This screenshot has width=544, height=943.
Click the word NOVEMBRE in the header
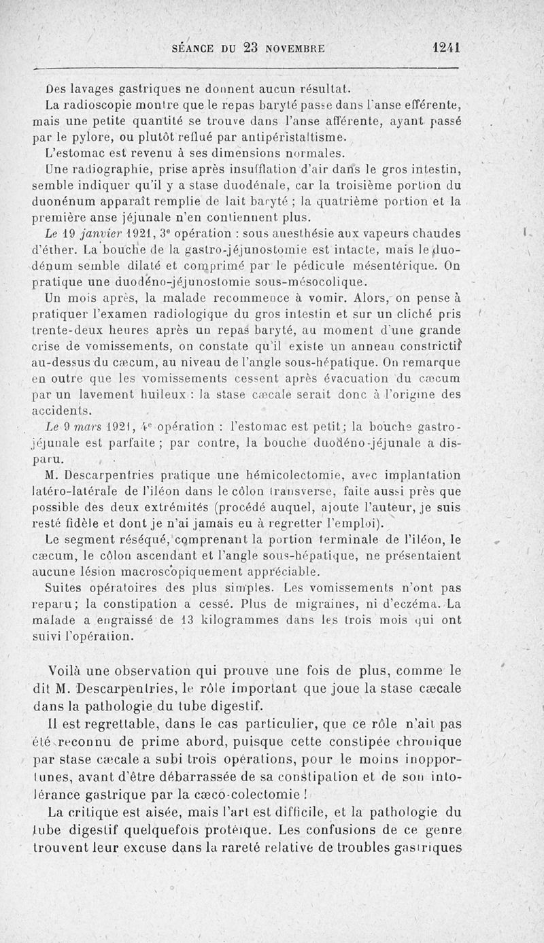click(x=291, y=48)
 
